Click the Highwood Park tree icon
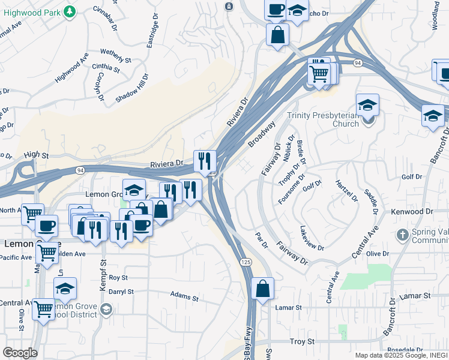click(x=70, y=11)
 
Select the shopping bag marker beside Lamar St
click(x=262, y=289)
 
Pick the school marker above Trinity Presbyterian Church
click(x=367, y=106)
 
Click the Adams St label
click(x=184, y=297)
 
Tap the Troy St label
click(x=303, y=341)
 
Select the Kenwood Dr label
click(x=411, y=212)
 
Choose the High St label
click(x=36, y=155)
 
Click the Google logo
click(x=19, y=352)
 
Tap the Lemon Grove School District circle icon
click(x=106, y=309)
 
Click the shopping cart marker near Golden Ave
click(x=46, y=253)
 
